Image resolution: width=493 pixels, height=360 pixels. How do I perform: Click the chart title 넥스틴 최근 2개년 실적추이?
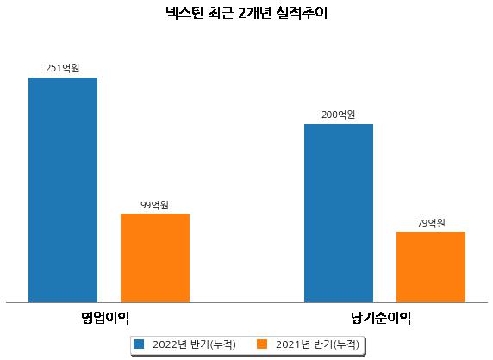[x=246, y=13]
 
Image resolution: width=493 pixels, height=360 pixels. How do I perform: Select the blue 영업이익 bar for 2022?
[x=63, y=190]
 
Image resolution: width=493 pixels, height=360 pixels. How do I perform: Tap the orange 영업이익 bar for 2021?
[x=155, y=258]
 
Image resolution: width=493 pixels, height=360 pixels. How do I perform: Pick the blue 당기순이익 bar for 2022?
[x=339, y=214]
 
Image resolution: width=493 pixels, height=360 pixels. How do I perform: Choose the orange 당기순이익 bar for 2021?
[x=431, y=267]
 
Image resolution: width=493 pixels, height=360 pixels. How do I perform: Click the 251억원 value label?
[x=63, y=68]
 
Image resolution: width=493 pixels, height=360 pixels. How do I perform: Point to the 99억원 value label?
[x=154, y=205]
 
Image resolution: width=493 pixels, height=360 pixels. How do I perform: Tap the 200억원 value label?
[x=339, y=115]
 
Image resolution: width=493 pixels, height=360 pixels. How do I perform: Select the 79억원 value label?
[x=431, y=223]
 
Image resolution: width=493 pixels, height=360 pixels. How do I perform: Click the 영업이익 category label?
[x=105, y=318]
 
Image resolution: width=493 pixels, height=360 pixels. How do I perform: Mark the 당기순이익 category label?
[x=381, y=318]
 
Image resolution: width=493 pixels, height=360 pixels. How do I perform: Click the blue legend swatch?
[x=139, y=344]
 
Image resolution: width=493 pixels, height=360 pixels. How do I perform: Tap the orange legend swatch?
[x=262, y=344]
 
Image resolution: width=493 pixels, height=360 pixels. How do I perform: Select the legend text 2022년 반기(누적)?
[x=194, y=344]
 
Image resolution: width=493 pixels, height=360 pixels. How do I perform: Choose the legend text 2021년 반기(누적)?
[x=317, y=344]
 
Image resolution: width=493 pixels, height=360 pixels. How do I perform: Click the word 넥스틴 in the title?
[x=184, y=13]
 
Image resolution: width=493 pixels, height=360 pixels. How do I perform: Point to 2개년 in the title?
[x=254, y=13]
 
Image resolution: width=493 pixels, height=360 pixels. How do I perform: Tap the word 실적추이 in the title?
[x=303, y=13]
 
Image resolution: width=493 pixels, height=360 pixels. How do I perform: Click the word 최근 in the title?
[x=221, y=13]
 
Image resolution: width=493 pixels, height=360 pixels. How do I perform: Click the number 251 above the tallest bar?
[x=53, y=68]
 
